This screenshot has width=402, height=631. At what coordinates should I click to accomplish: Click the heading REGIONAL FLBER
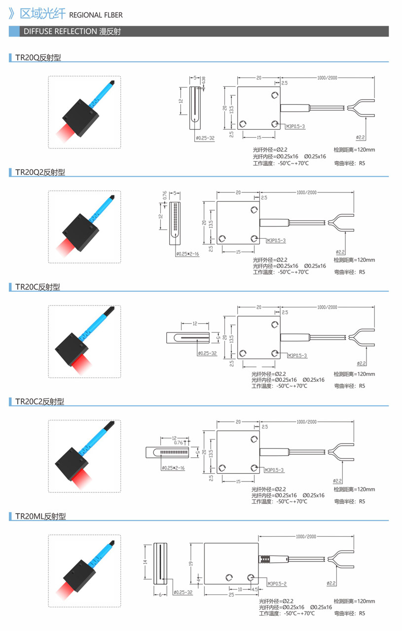pyautogui.click(x=92, y=15)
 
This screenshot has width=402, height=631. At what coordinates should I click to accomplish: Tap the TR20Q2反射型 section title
pyautogui.click(x=40, y=172)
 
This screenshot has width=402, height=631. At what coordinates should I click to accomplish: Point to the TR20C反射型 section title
pyautogui.click(x=37, y=287)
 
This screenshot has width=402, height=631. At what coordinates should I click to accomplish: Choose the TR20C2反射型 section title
pyautogui.click(x=39, y=402)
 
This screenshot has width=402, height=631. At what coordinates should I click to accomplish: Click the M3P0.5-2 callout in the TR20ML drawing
pyautogui.click(x=277, y=584)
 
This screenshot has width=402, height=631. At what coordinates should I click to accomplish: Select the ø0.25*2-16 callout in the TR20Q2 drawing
pyautogui.click(x=187, y=254)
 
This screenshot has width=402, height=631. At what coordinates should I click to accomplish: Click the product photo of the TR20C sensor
pyautogui.click(x=84, y=341)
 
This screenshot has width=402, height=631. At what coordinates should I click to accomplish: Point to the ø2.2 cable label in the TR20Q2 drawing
pyautogui.click(x=340, y=252)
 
